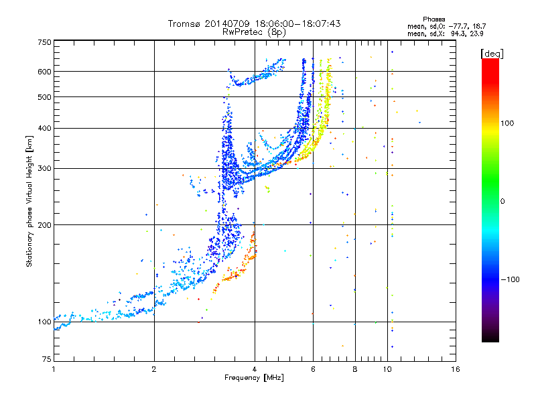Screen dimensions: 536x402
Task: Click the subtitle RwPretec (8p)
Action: coord(254,32)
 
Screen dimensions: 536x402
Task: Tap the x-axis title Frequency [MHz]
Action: coord(254,378)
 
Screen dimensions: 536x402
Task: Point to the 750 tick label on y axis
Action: coord(44,42)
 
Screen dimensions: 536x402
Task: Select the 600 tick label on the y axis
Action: coord(44,72)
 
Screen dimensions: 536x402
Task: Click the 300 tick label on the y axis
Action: coord(44,169)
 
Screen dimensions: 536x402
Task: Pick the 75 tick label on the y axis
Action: coord(47,359)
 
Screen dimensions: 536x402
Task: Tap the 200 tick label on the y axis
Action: coord(44,225)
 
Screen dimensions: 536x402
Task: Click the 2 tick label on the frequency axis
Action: coord(154,369)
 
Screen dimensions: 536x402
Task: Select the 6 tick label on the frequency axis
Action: coord(313,369)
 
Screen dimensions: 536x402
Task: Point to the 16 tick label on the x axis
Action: coord(456,369)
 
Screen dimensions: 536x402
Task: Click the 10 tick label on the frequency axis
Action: coord(387,369)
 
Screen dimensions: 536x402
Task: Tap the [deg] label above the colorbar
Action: coord(492,54)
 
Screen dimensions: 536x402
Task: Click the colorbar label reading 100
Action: coord(507,123)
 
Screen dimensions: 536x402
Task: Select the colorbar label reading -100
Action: coord(511,279)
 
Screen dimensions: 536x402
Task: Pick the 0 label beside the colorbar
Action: coord(503,202)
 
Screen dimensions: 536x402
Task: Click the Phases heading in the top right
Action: coord(434,19)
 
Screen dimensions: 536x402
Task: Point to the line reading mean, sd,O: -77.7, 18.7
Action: coord(447,26)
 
